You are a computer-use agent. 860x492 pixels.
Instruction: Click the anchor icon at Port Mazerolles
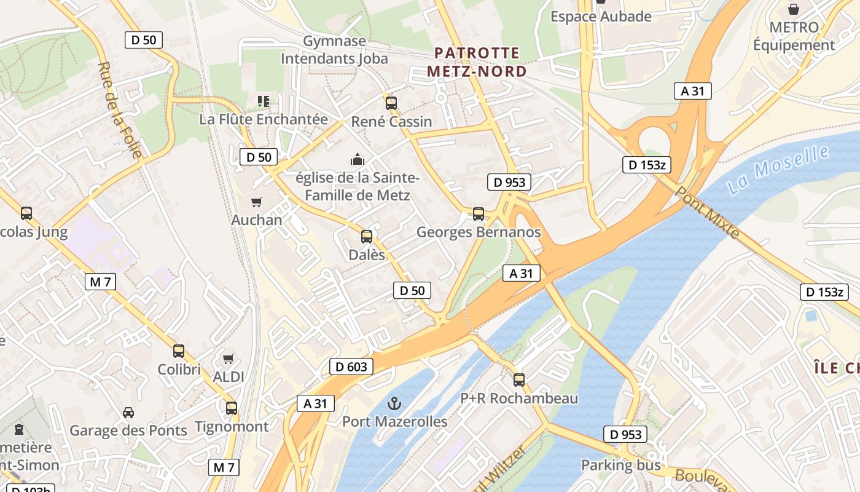click(395, 403)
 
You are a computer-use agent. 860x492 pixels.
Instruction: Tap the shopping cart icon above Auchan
click(257, 202)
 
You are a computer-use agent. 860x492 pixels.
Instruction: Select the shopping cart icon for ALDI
click(229, 359)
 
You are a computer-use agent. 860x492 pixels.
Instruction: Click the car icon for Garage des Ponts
click(128, 412)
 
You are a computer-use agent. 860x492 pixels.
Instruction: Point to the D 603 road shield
click(351, 367)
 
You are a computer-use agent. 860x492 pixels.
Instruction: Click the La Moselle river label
click(778, 170)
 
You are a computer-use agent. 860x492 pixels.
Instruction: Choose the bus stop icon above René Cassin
click(391, 103)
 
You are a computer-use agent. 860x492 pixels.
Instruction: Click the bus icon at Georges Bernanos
click(479, 214)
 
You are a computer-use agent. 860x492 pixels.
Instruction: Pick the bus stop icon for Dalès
click(367, 236)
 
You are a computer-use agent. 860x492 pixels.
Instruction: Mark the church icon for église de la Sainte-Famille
click(358, 160)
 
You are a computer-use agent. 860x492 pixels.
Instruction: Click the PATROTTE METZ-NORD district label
click(477, 62)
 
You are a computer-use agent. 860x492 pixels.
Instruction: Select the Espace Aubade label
click(601, 17)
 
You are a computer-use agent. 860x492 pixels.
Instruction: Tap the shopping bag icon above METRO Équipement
click(794, 9)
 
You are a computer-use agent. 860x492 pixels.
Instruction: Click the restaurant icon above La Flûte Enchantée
click(264, 101)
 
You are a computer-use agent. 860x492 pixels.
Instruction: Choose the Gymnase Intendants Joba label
click(334, 50)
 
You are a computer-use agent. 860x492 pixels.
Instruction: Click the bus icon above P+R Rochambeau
click(519, 380)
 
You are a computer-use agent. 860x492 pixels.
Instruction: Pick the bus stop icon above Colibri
click(179, 351)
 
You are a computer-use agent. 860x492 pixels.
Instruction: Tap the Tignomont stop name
click(232, 426)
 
